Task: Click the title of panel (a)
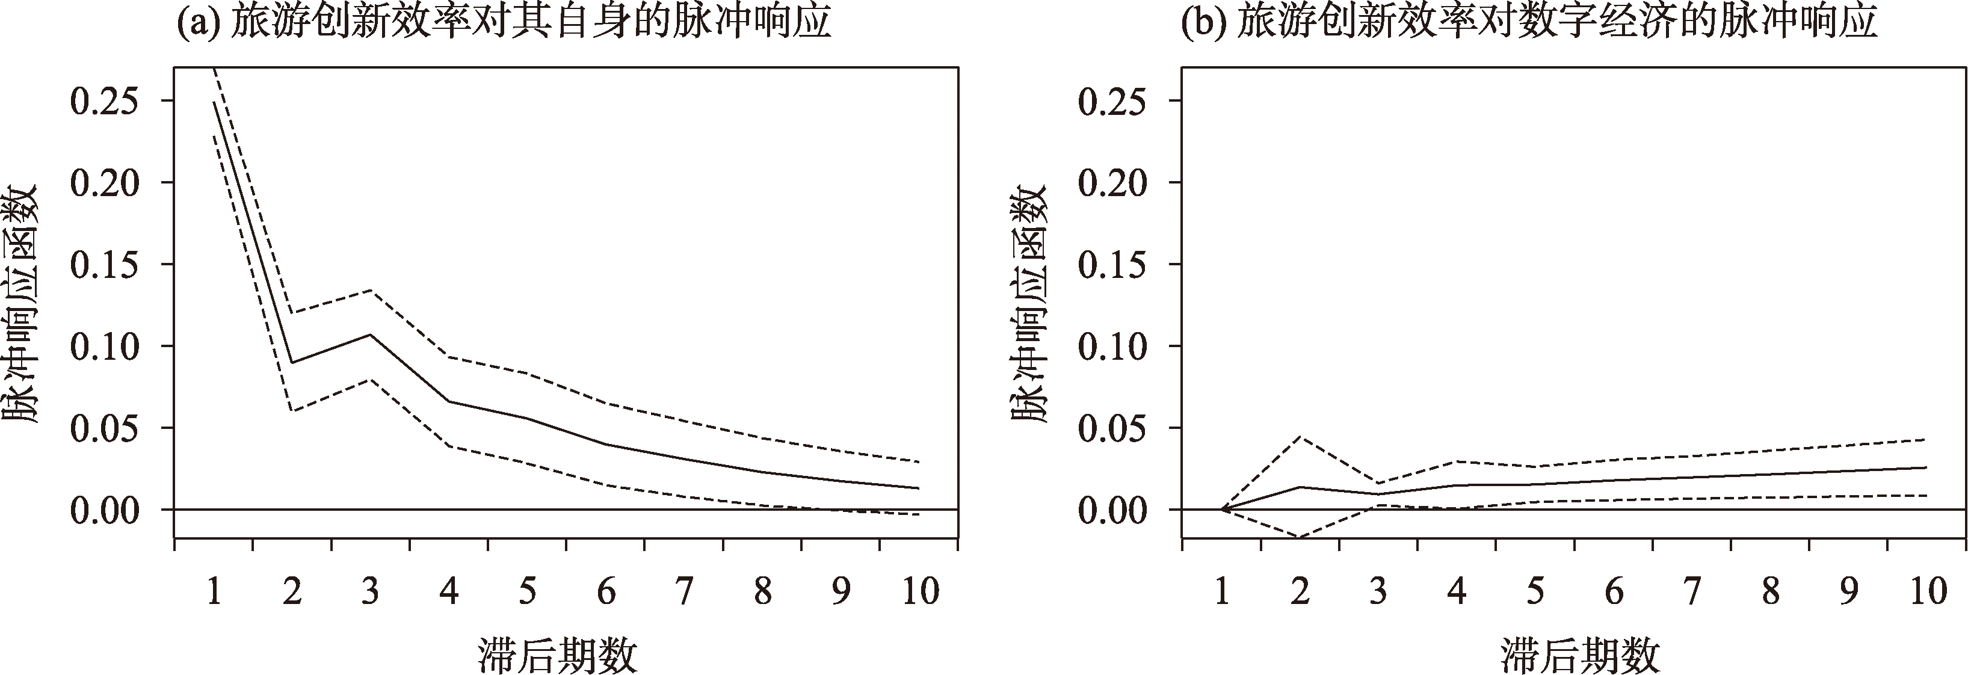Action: click(x=504, y=25)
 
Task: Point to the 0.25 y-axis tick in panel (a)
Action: click(x=106, y=101)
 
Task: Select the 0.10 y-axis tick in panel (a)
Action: click(x=106, y=347)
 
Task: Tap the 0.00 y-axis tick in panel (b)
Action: click(x=1113, y=510)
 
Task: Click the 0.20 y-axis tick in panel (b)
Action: click(x=1113, y=183)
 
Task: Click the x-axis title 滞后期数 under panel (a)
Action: click(x=558, y=653)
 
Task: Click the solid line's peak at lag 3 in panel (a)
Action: click(x=371, y=334)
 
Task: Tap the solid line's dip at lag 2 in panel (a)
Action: click(x=292, y=363)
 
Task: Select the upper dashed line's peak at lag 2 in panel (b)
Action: click(x=1300, y=437)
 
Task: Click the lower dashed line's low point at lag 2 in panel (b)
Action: click(x=1300, y=537)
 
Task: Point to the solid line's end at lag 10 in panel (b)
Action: click(x=1926, y=467)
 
